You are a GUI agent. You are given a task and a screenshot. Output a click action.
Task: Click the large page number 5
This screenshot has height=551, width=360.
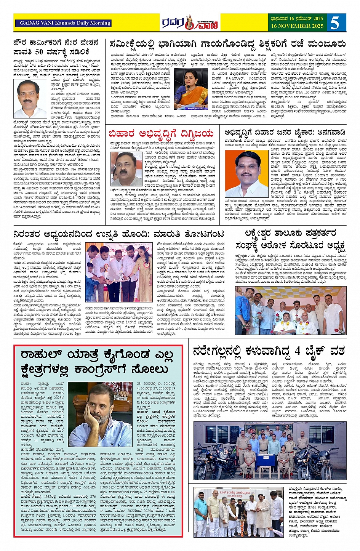335,23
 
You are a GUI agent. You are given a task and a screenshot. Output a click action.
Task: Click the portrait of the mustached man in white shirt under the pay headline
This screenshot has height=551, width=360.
28,99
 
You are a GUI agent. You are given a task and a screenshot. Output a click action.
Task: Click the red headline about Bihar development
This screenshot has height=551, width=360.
161,134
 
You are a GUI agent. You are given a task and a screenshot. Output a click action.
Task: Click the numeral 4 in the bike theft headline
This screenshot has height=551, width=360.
297,350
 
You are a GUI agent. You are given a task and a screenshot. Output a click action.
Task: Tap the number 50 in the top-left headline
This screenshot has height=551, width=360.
40,52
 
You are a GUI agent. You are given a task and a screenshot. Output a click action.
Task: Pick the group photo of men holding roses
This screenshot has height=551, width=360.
291,311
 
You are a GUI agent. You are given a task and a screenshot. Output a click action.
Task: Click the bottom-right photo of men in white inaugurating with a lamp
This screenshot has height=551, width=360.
238,513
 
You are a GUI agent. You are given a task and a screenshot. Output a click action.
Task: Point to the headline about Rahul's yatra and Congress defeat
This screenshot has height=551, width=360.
97,362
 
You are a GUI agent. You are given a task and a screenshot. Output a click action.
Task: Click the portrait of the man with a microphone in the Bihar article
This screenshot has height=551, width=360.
126,169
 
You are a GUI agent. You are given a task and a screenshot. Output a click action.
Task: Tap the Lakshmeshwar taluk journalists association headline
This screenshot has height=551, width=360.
290,239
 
